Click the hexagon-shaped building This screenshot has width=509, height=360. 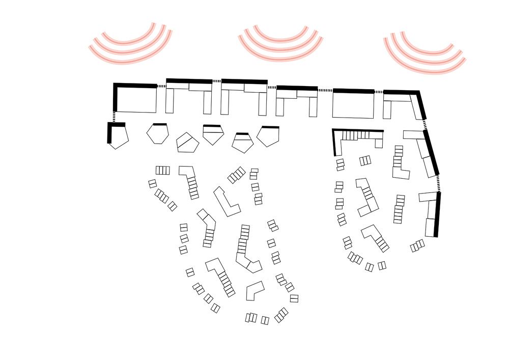pos(157,134)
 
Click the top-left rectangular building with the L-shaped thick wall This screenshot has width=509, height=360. pos(136,99)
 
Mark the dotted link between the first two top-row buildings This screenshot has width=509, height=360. pos(161,87)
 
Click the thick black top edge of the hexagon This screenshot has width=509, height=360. pos(160,124)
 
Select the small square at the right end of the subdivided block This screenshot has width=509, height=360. pos(379,143)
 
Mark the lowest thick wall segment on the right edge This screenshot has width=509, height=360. pos(437,214)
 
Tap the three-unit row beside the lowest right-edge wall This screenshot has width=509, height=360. pos(418,245)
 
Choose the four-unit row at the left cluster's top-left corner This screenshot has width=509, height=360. pos(163,170)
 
